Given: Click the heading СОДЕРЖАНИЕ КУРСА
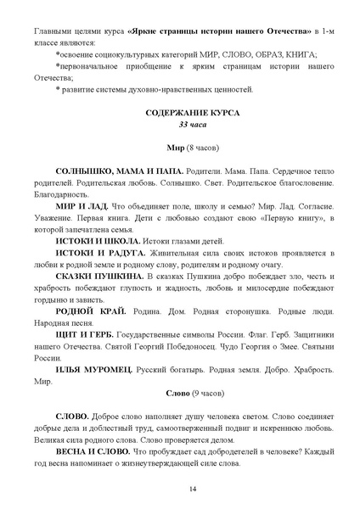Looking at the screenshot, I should pos(181,112).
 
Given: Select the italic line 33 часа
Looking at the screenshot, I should pos(181,124).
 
